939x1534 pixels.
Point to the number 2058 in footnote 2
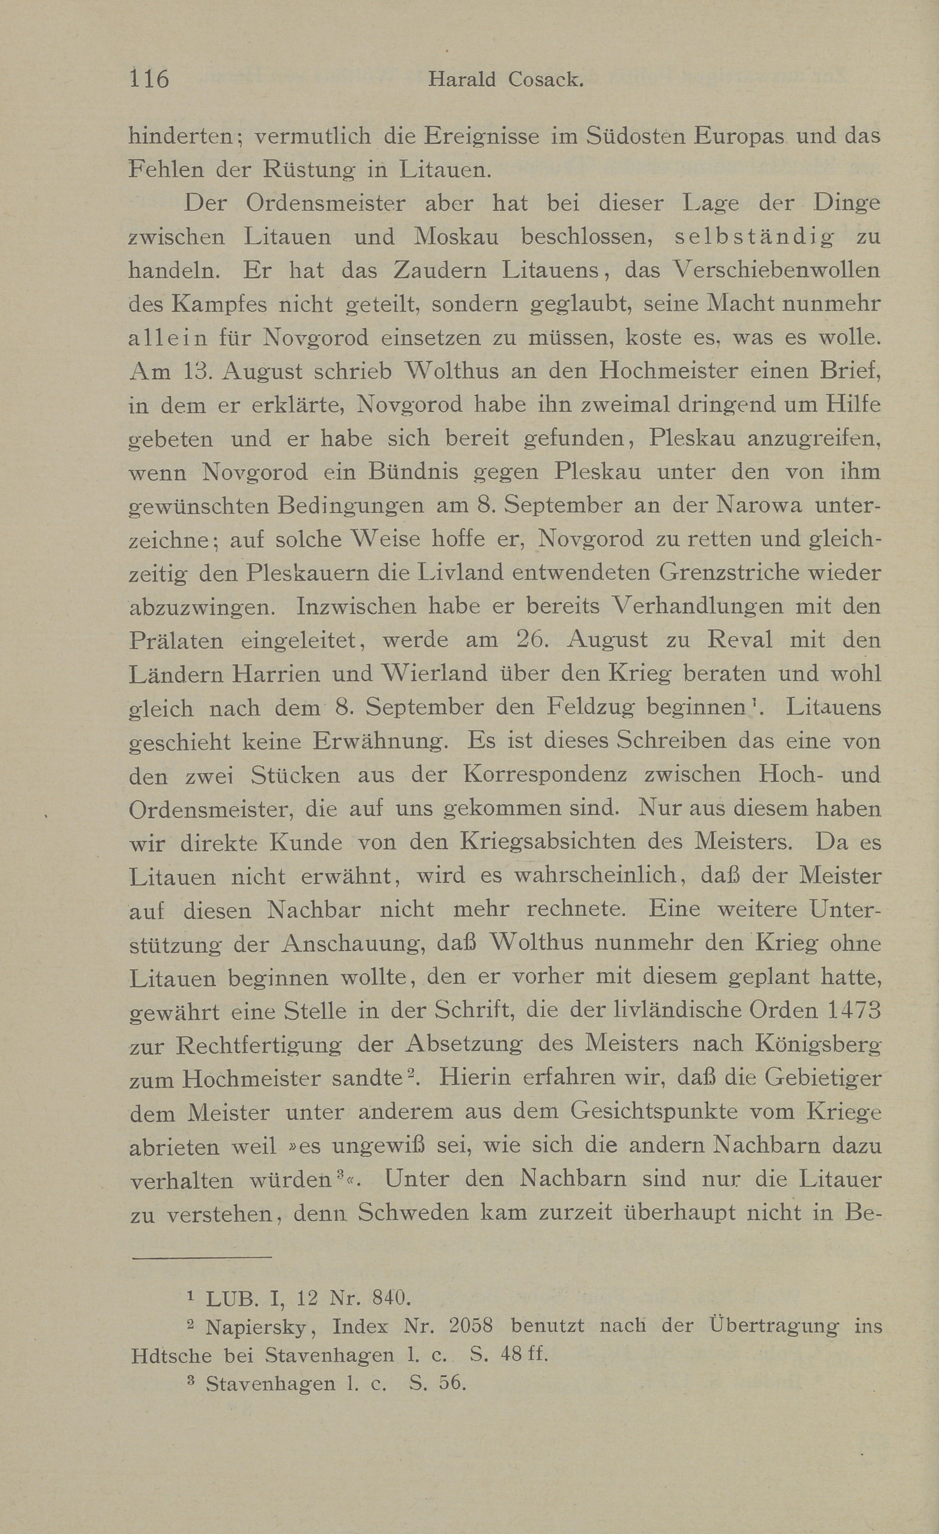click(471, 1327)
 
